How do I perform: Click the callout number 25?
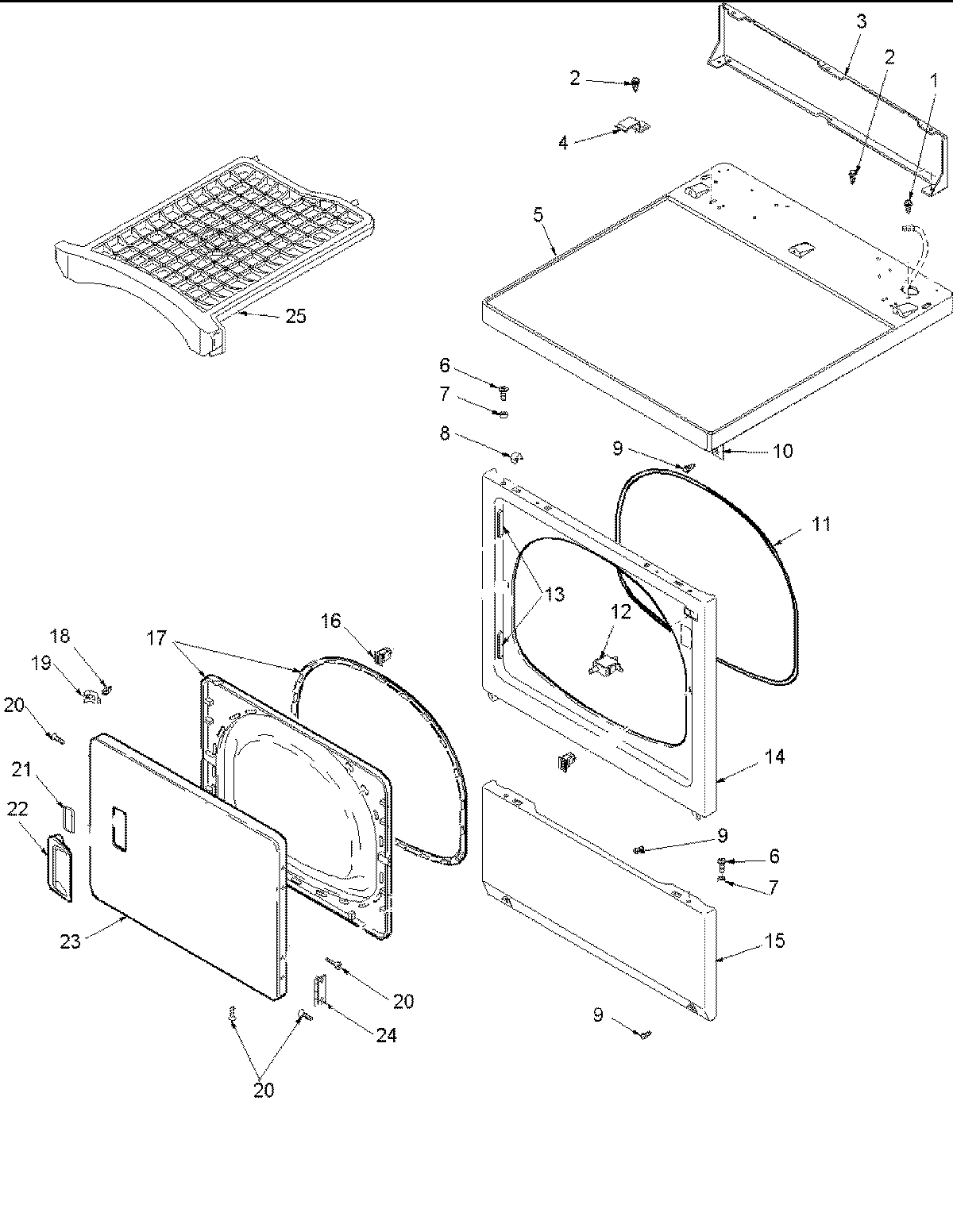click(x=295, y=316)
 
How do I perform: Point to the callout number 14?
click(x=774, y=757)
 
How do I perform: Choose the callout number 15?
click(x=774, y=941)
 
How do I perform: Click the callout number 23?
click(x=71, y=943)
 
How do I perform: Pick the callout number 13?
click(x=554, y=594)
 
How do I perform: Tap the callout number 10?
click(x=782, y=451)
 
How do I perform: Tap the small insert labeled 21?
click(x=66, y=815)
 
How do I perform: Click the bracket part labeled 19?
click(x=91, y=696)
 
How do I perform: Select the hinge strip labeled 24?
click(x=319, y=991)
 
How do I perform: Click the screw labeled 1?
click(x=908, y=206)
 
